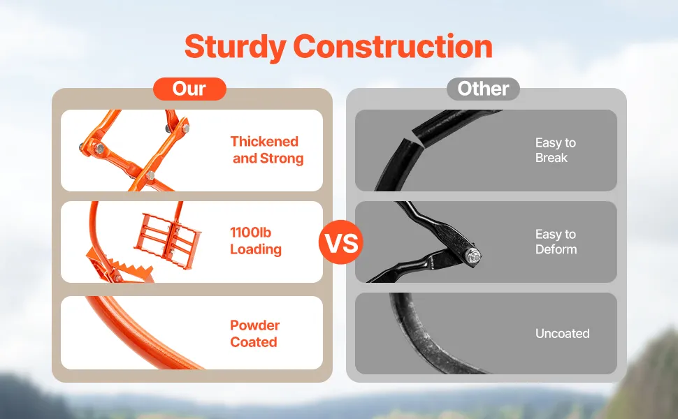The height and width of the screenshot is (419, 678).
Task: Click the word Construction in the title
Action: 393,46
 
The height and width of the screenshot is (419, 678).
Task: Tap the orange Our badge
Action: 189,89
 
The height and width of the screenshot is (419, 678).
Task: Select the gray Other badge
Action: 483,89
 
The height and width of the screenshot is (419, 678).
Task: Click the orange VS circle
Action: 340,242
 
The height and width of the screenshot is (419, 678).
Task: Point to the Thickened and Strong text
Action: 267,150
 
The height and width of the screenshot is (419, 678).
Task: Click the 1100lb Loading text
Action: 256,241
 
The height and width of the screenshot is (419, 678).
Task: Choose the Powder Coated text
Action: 254,334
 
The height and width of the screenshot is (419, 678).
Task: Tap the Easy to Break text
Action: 556,150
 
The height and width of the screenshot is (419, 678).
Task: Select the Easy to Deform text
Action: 556,242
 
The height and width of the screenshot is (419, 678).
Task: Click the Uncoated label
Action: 563,334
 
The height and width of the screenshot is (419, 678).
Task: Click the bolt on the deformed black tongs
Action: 473,256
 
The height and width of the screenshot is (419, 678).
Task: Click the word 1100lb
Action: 250,233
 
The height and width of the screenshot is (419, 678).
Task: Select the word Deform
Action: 556,249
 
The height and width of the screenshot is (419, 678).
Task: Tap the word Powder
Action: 254,325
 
